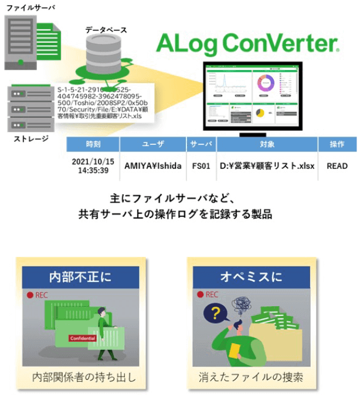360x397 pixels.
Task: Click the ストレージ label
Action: click(32, 139)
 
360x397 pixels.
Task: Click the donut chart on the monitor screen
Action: click(266, 83)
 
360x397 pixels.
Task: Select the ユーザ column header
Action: click(153, 144)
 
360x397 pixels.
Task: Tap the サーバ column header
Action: click(201, 144)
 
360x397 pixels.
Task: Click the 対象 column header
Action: click(267, 144)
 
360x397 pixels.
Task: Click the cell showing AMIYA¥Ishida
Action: click(153, 165)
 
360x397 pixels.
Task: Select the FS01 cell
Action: click(201, 165)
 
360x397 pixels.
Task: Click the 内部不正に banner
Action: click(80, 274)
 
